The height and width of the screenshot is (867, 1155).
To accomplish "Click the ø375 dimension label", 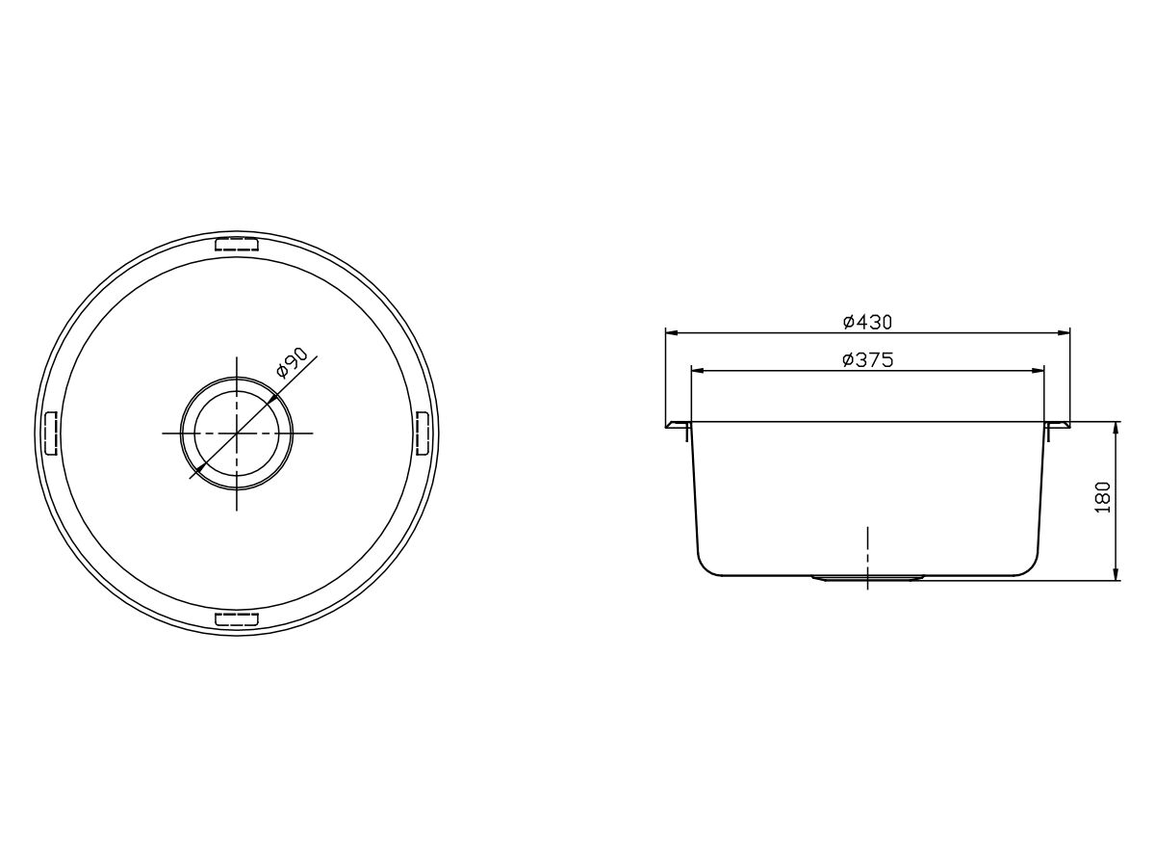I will [x=868, y=359].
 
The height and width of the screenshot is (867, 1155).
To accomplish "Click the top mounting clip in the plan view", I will [x=236, y=245].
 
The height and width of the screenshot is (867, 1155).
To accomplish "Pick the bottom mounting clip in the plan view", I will [x=236, y=618].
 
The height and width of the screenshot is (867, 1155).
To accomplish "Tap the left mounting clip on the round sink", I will [x=52, y=433].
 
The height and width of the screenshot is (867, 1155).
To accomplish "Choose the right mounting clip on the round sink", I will [x=422, y=433].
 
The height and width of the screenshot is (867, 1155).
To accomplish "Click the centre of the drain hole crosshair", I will [x=237, y=433].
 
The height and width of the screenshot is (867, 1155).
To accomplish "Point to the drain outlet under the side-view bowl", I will [x=868, y=578].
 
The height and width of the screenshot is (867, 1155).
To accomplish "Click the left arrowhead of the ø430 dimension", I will [x=672, y=332].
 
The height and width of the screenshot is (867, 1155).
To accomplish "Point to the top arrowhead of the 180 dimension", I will [x=1116, y=428].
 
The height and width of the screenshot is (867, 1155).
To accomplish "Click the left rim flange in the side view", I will [x=677, y=424].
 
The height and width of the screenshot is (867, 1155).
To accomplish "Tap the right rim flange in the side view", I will [x=1058, y=424].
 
